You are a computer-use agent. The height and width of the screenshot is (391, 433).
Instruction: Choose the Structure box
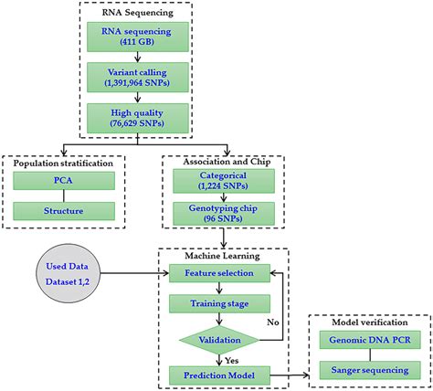coord(64,211)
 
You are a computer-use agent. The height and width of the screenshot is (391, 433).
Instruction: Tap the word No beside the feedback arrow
coord(271,321)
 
